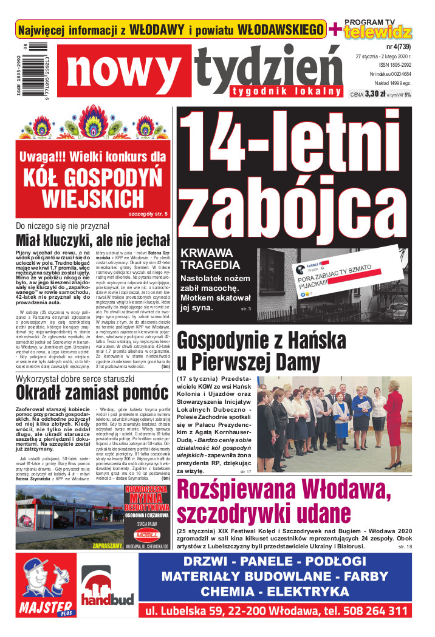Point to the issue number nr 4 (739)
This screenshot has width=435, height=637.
click(398, 47)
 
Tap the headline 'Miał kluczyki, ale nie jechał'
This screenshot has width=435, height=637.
click(92, 239)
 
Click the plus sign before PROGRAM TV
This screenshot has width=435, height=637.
click(335, 29)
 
